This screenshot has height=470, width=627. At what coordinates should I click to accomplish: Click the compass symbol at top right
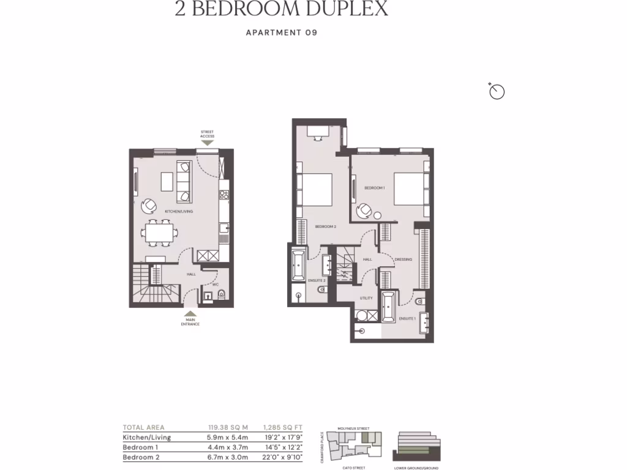(497, 92)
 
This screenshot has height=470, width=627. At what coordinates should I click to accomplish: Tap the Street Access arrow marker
(208, 143)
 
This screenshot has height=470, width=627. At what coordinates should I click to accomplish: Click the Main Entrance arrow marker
(190, 313)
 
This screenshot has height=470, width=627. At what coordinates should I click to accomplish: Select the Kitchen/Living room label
(179, 211)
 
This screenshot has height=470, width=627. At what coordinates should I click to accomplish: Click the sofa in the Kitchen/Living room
(183, 182)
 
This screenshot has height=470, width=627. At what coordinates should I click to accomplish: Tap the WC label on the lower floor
(216, 284)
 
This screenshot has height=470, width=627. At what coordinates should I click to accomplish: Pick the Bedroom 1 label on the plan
(375, 188)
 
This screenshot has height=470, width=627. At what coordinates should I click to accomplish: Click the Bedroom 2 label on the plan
(325, 226)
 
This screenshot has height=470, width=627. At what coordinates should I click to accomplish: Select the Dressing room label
(403, 259)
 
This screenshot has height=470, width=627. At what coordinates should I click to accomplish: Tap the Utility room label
(366, 298)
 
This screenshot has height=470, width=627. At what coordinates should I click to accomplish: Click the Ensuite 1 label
(407, 319)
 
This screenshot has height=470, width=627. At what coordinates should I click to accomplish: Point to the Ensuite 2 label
(316, 280)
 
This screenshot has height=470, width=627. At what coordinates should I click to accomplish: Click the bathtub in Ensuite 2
(298, 265)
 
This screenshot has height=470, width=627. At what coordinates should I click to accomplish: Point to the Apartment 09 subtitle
(281, 33)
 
